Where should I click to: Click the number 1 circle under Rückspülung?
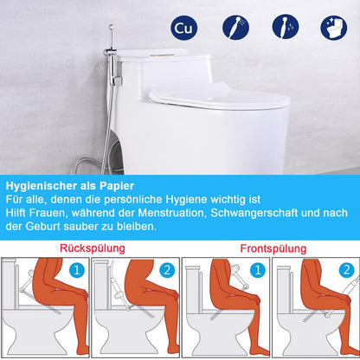coord(75,270)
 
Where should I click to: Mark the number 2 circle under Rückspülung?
coord(164,270)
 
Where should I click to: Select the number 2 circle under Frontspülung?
coord(343,270)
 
